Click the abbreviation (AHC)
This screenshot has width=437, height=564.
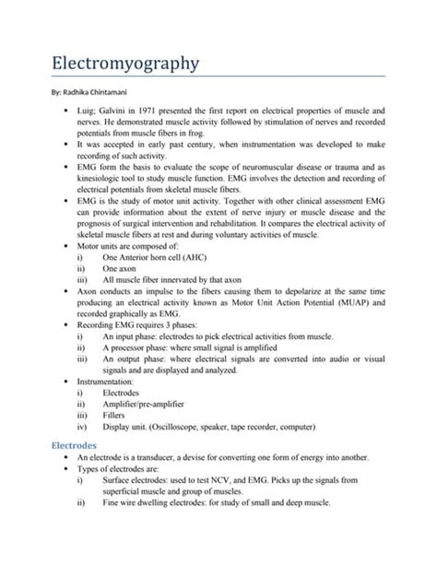point(222,260)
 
